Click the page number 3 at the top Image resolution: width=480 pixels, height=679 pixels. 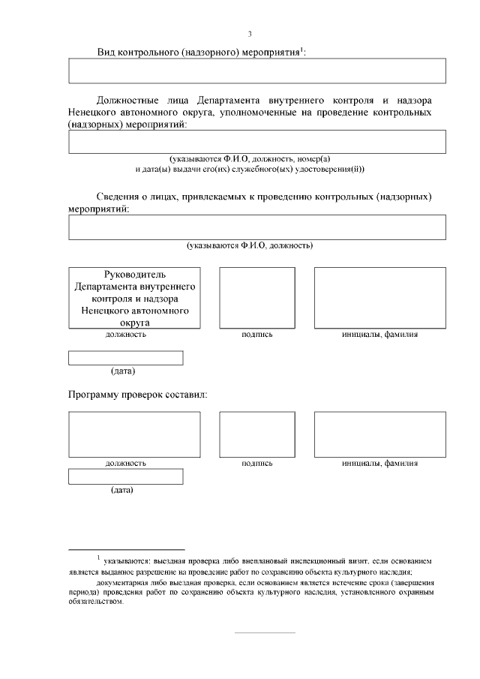[x=250, y=33]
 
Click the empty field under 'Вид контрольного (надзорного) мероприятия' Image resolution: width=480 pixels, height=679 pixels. [x=256, y=71]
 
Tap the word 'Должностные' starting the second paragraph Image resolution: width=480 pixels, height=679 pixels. [x=128, y=100]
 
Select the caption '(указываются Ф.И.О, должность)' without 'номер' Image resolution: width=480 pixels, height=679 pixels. [x=250, y=245]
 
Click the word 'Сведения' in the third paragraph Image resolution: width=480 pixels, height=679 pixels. [x=119, y=197]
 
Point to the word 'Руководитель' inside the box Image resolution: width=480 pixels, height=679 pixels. [x=134, y=274]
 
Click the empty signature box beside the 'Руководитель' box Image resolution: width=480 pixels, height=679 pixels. [x=256, y=298]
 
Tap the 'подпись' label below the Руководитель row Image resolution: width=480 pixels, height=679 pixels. [x=256, y=335]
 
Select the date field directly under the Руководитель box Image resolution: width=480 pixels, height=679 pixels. [x=125, y=359]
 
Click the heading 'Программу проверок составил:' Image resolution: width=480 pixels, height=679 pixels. [x=138, y=394]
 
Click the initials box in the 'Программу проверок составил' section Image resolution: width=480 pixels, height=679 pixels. [x=379, y=434]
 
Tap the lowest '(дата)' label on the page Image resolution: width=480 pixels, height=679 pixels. [x=122, y=491]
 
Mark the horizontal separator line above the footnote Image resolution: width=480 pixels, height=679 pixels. [x=126, y=549]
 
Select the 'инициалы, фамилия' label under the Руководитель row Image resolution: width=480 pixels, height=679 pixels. [x=379, y=335]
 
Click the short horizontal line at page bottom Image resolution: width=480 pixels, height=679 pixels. [x=265, y=633]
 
